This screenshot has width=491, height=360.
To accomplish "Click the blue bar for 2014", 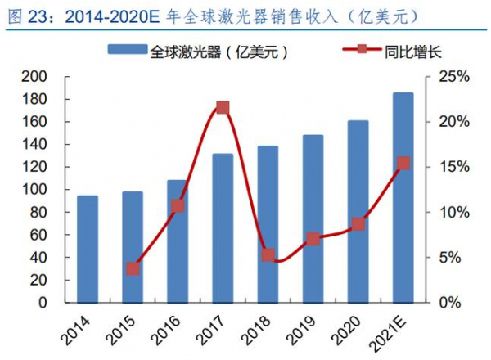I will click(88, 249).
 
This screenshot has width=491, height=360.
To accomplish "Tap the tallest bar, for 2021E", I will click(403, 197).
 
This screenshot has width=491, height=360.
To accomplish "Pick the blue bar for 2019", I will click(313, 218).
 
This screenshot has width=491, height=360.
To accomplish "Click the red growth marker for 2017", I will click(223, 107).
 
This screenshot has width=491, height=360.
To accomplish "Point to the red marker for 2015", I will click(133, 268).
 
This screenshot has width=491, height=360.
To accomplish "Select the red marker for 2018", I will click(268, 255).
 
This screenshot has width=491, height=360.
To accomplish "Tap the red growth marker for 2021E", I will click(403, 164).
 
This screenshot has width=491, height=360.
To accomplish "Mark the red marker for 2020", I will click(358, 223).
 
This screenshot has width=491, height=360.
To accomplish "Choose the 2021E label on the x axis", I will click(393, 331).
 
